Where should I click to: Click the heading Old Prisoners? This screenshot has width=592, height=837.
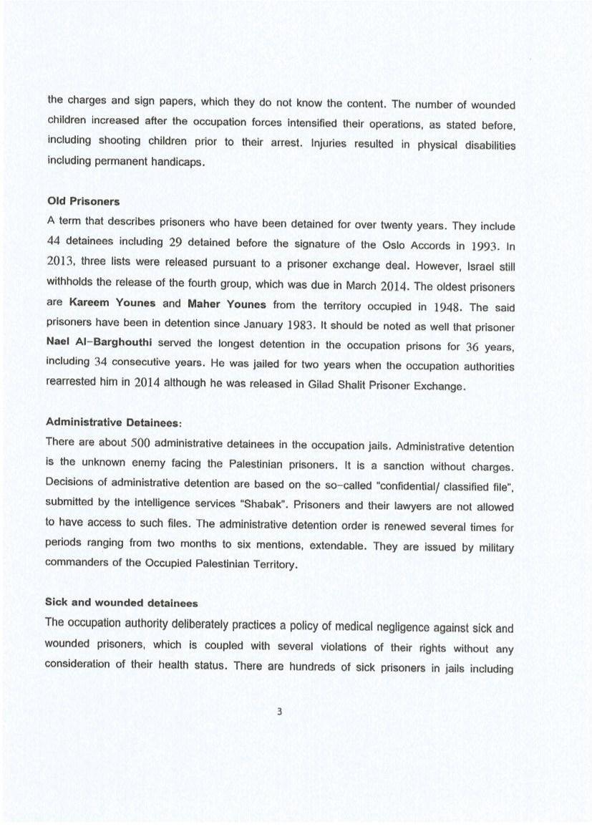coord(83,201)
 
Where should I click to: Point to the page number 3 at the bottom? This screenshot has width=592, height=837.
coord(280,711)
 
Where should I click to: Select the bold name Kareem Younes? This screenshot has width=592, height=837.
coord(122,303)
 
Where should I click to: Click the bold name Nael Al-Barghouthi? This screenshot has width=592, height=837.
coord(100,342)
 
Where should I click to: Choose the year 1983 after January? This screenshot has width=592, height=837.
coord(298,326)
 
